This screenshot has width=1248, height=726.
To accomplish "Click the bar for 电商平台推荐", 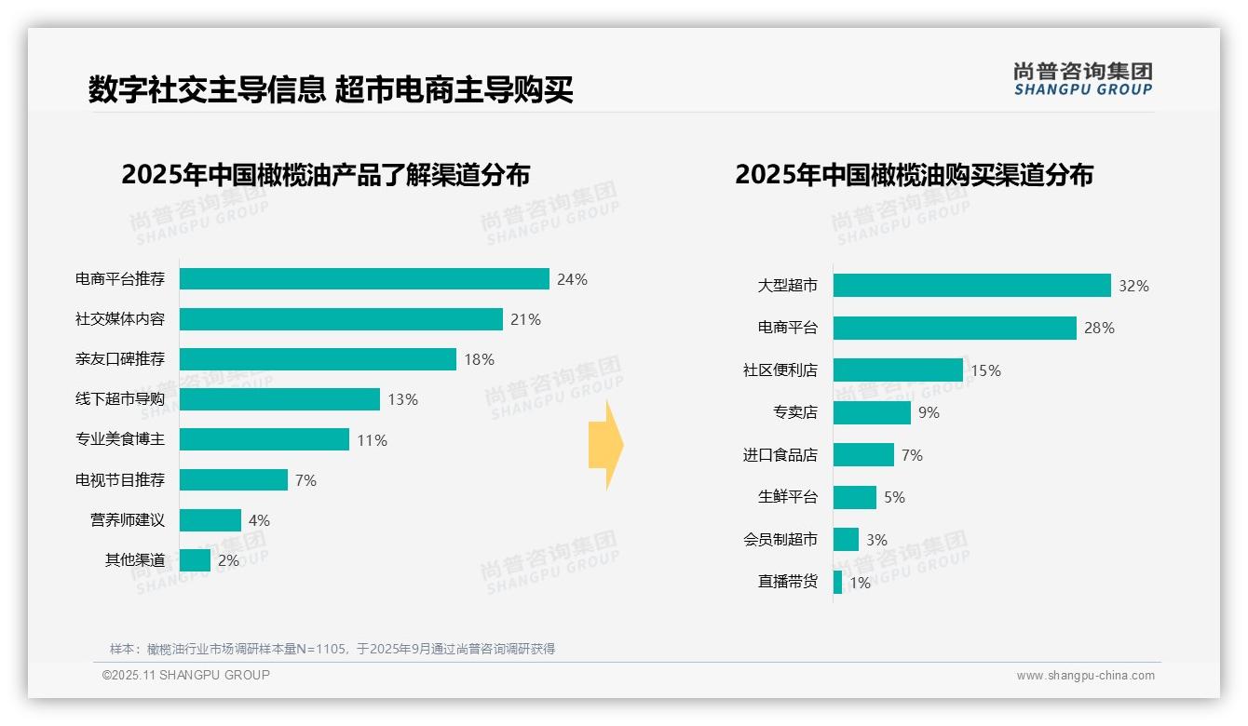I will point(364,279).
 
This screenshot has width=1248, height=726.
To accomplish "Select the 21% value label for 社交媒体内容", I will point(525,319).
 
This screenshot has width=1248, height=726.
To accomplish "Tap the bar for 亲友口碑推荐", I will point(318,359).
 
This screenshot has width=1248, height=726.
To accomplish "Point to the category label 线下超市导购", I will point(120,399).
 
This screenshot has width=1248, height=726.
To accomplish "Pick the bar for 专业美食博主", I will point(265,439).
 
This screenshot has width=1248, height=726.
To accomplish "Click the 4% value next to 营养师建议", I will point(259,520).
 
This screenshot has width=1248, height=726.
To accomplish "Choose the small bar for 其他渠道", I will point(195,560).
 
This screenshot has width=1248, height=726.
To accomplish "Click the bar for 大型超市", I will point(971,285).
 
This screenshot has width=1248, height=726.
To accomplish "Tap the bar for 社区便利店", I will point(898,370).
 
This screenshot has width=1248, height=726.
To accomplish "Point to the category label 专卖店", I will point(794,412).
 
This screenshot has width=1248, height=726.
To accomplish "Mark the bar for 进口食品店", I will point(863,455).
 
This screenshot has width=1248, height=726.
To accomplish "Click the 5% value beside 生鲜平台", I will point(894,497).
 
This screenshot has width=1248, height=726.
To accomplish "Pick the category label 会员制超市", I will point(780,540).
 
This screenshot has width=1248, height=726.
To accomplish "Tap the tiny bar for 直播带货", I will point(838,583).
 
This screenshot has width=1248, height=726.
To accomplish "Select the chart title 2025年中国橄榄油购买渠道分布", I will point(914,175).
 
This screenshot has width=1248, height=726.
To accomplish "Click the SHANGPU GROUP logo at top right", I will point(1082,79).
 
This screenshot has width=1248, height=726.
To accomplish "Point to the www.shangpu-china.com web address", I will point(1085,676).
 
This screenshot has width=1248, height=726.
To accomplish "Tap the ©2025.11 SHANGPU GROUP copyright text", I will point(186,675).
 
